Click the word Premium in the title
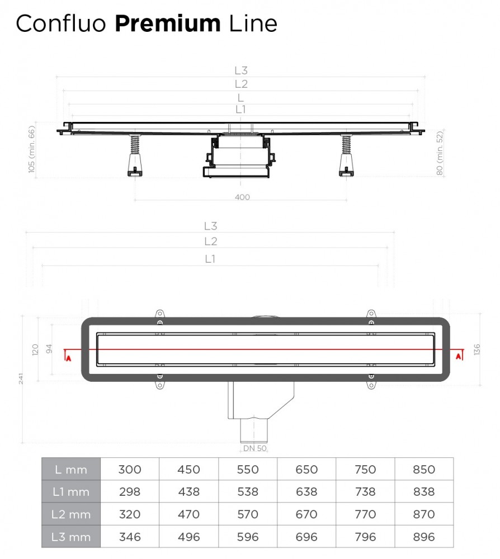pyautogui.click(x=167, y=23)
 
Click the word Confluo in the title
pyautogui.click(x=62, y=23)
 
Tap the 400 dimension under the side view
pyautogui.click(x=242, y=197)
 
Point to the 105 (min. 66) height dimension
pyautogui.click(x=32, y=149)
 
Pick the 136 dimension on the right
pyautogui.click(x=477, y=350)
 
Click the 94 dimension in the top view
pyautogui.click(x=49, y=350)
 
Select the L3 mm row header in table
pyautogui.click(x=71, y=537)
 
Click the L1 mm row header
pyautogui.click(x=71, y=492)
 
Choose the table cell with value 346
pyautogui.click(x=130, y=537)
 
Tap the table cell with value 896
pyautogui.click(x=423, y=537)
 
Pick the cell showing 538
pyautogui.click(x=247, y=492)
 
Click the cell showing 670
pyautogui.click(x=306, y=514)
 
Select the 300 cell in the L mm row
pyautogui.click(x=130, y=470)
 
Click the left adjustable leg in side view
pyautogui.click(x=135, y=157)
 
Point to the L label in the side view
pyautogui.click(x=241, y=97)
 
